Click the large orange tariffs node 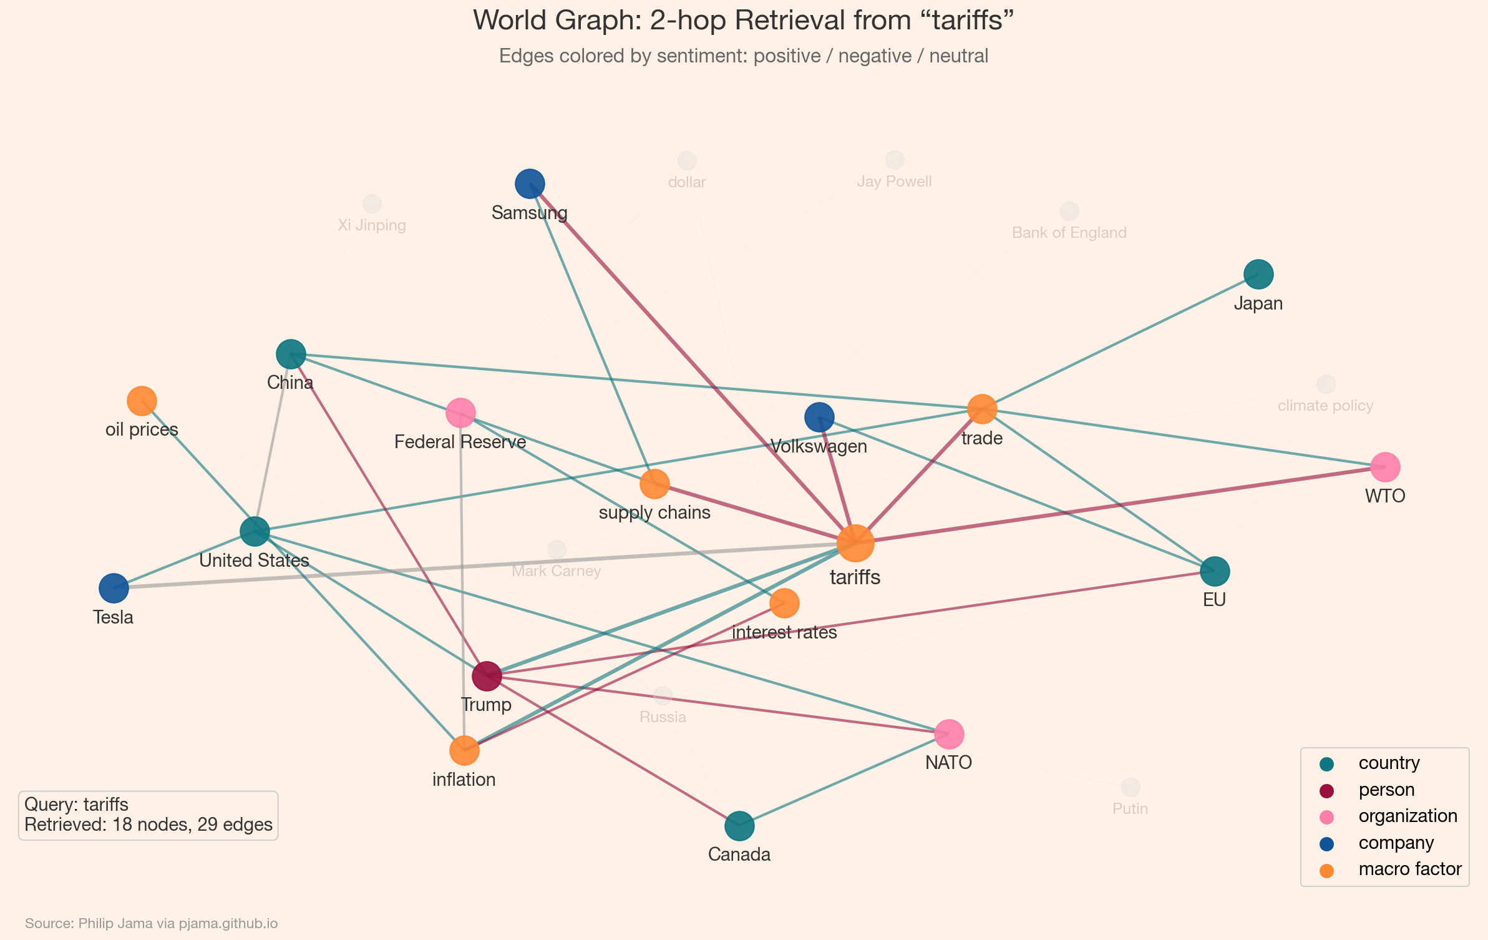(855, 544)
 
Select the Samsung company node (530, 184)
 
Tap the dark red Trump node (487, 676)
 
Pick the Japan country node (1258, 274)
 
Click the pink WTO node (1385, 467)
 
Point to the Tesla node (114, 588)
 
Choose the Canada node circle (739, 826)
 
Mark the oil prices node (142, 401)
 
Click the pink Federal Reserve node (460, 413)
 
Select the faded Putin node (1131, 788)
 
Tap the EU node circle (1215, 570)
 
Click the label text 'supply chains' (654, 513)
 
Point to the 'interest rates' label (784, 633)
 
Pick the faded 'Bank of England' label (1069, 233)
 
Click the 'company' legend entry (1396, 843)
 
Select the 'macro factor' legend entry (1409, 869)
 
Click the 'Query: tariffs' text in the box (76, 805)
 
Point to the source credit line (151, 923)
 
